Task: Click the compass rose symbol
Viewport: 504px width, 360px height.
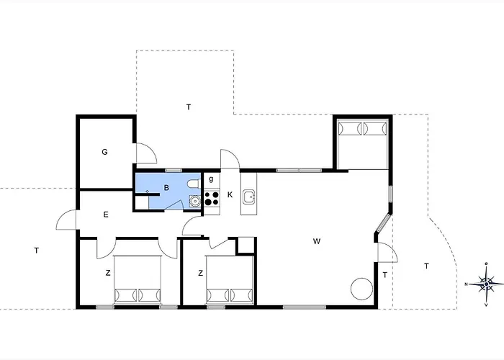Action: point(486,284)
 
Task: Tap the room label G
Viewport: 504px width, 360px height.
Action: point(104,152)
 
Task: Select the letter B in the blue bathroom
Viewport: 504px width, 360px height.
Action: point(166,188)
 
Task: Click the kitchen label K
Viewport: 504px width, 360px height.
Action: point(230,195)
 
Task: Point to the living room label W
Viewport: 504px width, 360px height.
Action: point(317,241)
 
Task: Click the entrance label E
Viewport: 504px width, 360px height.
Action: point(106,215)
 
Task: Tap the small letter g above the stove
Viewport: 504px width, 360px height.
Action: point(211,179)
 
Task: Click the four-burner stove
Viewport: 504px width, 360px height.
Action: point(212,198)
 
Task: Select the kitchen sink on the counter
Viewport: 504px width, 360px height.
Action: point(249,197)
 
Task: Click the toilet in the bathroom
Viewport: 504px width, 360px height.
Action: point(194,184)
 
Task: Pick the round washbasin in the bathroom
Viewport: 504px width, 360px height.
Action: point(194,201)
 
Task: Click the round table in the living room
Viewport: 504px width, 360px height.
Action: point(361,289)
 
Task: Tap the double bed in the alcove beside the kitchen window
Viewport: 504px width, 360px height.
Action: point(363,144)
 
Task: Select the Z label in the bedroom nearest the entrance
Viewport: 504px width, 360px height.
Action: point(108,273)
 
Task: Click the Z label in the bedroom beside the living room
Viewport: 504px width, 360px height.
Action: point(201,273)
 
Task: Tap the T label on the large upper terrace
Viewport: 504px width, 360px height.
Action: point(189,107)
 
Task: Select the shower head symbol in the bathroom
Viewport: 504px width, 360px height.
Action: point(147,192)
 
